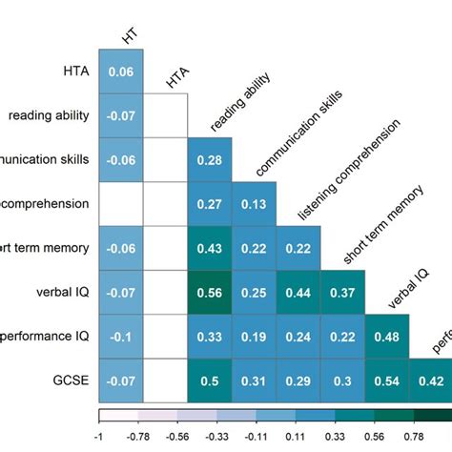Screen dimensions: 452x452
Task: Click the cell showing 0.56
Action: click(209, 292)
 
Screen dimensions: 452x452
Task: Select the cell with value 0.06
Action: click(121, 72)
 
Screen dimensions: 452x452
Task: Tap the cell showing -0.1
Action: click(121, 336)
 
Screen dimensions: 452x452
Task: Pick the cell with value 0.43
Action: click(209, 248)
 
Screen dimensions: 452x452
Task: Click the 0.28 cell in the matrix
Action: click(209, 159)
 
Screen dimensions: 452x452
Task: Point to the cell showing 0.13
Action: click(254, 204)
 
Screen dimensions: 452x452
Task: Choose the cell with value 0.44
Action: click(298, 292)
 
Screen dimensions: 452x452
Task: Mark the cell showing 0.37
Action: click(341, 292)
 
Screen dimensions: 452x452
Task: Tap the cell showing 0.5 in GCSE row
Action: click(209, 380)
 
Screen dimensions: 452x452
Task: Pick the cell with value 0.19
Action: click(254, 336)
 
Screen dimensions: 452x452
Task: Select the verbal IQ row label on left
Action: click(62, 292)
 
